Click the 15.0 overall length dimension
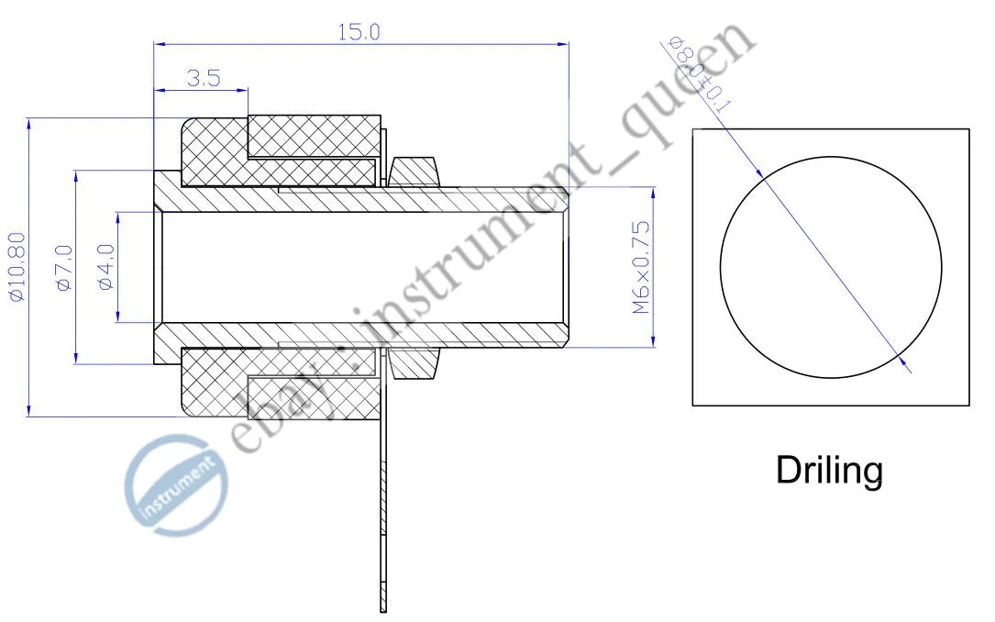(359, 32)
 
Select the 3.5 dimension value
(204, 78)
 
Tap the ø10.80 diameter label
(17, 267)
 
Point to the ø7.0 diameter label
(65, 269)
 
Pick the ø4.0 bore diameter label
(106, 267)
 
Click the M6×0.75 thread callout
(641, 267)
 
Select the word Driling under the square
(829, 471)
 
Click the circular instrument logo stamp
(176, 485)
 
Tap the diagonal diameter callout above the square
(697, 74)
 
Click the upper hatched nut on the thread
(415, 172)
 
